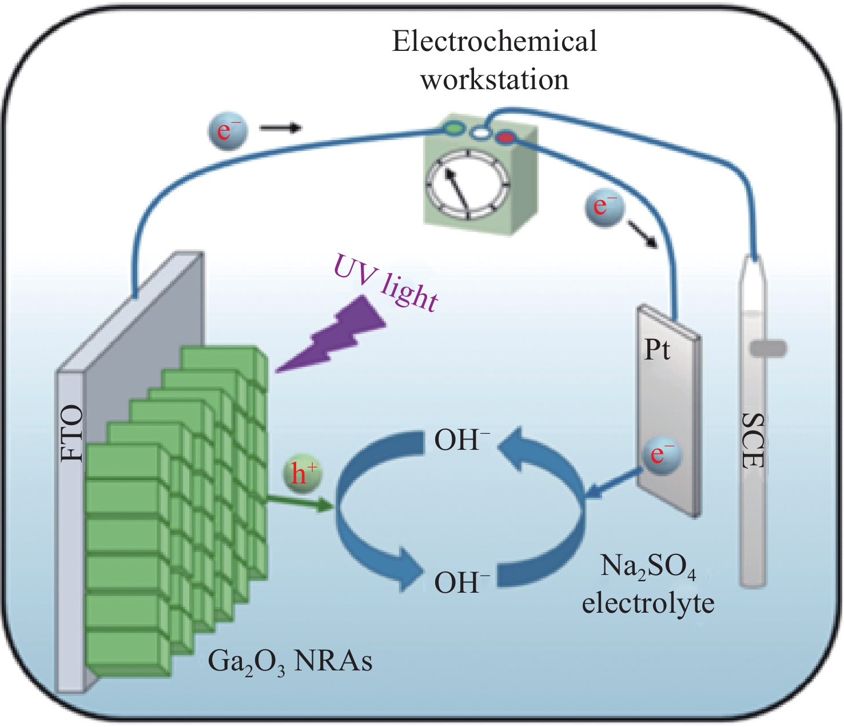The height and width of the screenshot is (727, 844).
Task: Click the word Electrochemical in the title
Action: click(x=494, y=42)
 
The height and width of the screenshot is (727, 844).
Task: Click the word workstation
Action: click(x=495, y=79)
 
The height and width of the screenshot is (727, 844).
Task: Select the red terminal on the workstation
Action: click(x=505, y=138)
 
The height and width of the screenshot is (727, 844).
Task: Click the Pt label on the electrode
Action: click(x=657, y=350)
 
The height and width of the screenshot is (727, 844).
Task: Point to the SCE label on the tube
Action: click(x=753, y=441)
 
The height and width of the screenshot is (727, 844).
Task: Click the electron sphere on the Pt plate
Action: click(x=662, y=454)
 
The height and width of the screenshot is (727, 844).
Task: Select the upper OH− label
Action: click(x=462, y=440)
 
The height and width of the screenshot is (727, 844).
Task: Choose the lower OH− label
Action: click(x=462, y=583)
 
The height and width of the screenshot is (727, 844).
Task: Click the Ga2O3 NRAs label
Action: click(x=290, y=662)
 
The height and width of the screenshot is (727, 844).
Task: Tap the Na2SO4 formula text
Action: click(x=648, y=567)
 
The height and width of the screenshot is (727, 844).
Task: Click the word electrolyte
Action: click(x=648, y=603)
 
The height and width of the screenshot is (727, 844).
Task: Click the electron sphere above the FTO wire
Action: click(x=227, y=130)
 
